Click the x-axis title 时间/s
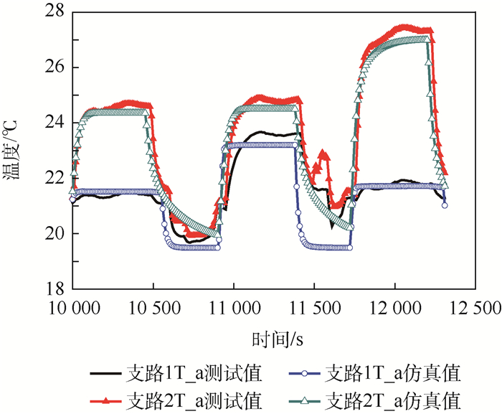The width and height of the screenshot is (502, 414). (x=274, y=338)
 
